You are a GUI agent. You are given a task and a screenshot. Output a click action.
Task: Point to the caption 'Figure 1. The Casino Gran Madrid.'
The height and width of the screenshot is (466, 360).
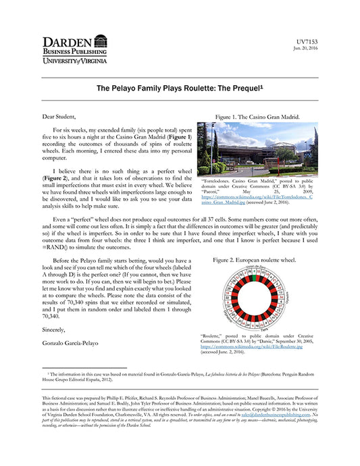tap(257, 117)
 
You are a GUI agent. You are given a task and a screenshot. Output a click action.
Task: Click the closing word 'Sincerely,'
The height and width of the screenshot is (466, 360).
tap(57, 330)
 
